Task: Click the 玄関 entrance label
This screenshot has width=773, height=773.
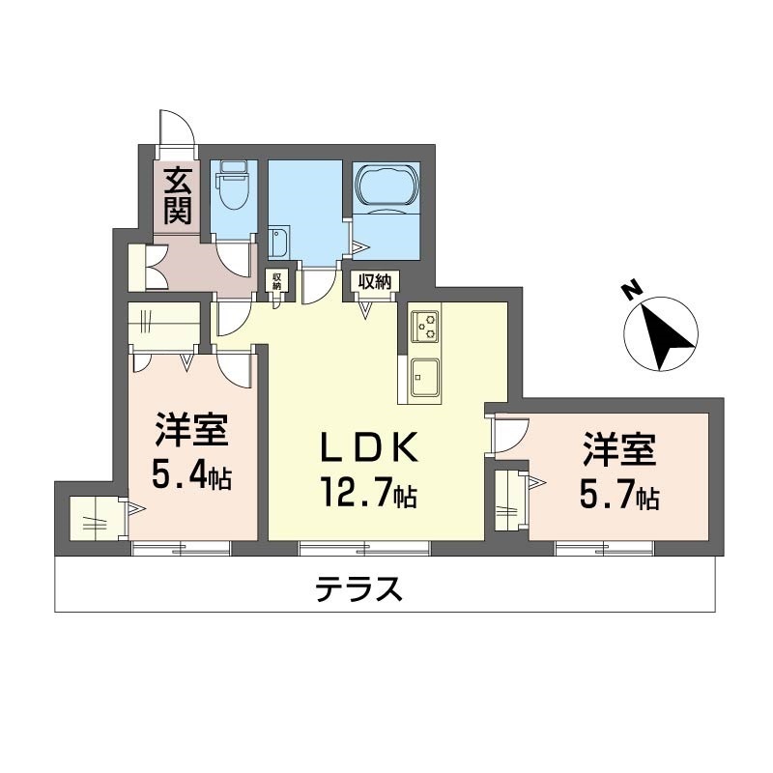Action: [x=178, y=196]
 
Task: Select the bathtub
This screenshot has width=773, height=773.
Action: [x=386, y=185]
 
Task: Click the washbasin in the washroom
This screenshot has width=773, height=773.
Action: [x=279, y=242]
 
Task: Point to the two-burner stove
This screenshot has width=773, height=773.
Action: [x=425, y=326]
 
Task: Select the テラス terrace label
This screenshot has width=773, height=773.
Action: [x=358, y=589]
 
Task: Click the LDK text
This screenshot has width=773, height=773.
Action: [x=369, y=447]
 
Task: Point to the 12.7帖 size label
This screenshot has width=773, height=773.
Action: [x=369, y=493]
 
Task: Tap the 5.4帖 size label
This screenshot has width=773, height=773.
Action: [x=191, y=475]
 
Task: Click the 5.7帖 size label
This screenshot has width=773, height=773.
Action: [x=619, y=496]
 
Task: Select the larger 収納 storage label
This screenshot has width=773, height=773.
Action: [x=375, y=281]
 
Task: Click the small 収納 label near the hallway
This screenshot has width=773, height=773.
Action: [x=276, y=280]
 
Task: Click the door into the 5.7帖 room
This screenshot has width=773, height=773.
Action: [x=511, y=435]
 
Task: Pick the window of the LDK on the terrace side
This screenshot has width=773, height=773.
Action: [x=364, y=548]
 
